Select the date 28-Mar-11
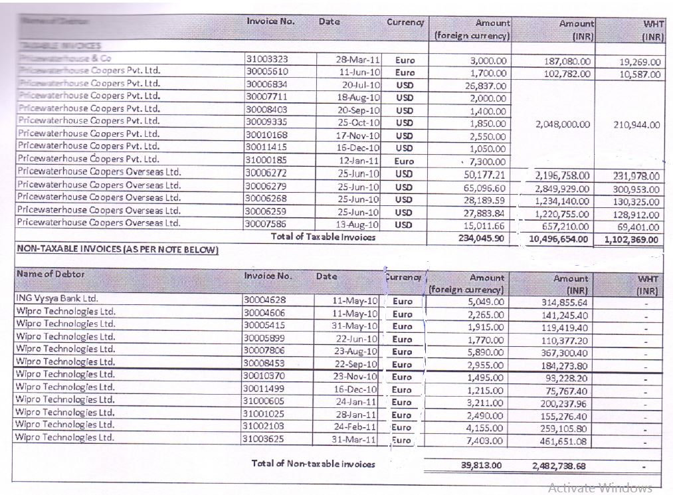(357, 59)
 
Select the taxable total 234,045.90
(482, 237)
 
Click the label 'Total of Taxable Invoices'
(322, 237)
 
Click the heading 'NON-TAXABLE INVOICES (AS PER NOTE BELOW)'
(117, 249)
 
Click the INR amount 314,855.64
(560, 302)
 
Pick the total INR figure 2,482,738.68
(560, 466)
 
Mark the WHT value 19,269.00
(640, 60)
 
